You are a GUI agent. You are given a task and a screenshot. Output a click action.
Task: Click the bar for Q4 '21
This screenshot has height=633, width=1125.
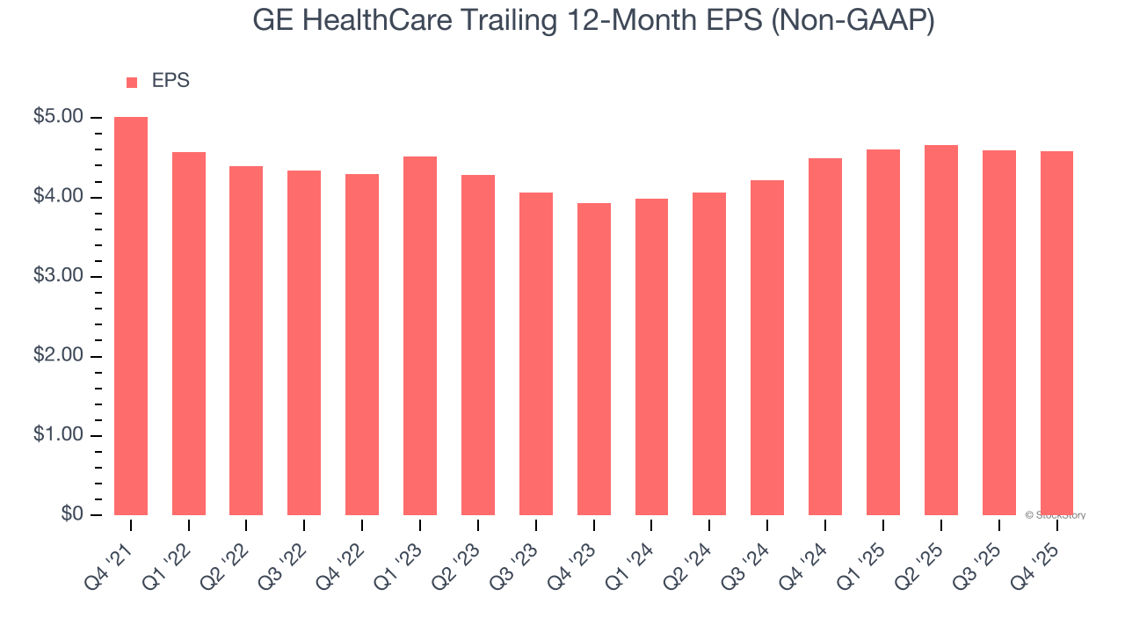point(131,316)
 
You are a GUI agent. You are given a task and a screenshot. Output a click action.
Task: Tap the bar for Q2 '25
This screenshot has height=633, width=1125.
point(941,330)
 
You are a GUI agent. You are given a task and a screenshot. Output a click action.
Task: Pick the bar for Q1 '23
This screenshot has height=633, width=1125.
point(420,336)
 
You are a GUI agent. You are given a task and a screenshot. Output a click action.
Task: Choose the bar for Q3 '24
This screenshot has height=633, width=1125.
point(767,347)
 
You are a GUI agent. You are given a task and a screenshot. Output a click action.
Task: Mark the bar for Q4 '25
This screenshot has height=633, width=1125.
point(1056,333)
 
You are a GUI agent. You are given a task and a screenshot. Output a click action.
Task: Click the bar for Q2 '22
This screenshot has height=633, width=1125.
point(246,340)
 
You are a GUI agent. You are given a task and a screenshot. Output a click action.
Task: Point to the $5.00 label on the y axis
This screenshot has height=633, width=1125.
point(58,118)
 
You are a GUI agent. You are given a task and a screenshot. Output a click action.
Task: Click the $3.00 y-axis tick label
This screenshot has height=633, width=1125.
point(58,277)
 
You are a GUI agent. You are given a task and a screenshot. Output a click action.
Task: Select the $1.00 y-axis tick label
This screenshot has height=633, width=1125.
point(58,436)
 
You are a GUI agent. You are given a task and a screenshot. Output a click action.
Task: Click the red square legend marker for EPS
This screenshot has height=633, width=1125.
point(132,83)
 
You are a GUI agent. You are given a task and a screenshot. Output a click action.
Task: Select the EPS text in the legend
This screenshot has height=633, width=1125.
point(171,81)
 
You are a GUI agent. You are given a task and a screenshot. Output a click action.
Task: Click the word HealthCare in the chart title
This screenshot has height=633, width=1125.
point(380,21)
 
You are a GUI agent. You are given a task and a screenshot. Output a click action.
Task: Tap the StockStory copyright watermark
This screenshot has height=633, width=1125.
point(1055,515)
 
